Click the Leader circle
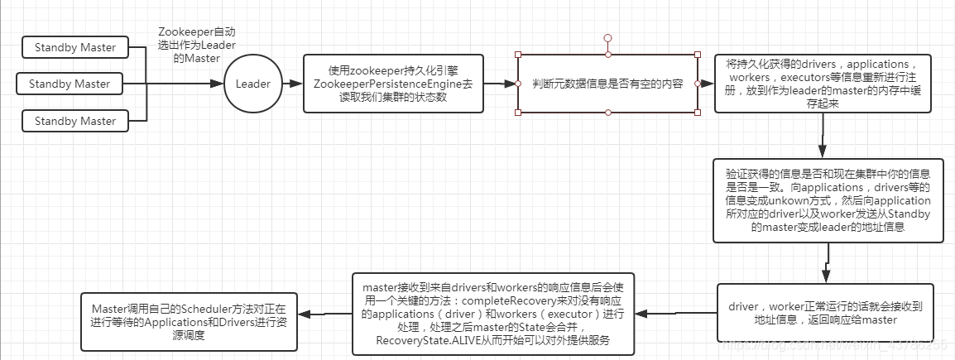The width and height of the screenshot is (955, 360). pos(252,84)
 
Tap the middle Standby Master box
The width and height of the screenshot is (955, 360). pos(69,84)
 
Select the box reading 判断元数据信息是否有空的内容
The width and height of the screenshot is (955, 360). pos(607,84)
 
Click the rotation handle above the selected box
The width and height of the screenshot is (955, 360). pos(607,38)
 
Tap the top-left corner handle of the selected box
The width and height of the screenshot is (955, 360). pos(518,55)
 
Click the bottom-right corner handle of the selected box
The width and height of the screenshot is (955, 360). pos(698,113)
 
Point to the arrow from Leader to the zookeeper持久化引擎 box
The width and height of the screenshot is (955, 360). pos(292,84)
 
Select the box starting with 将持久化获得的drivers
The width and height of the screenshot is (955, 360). pos(823,83)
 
